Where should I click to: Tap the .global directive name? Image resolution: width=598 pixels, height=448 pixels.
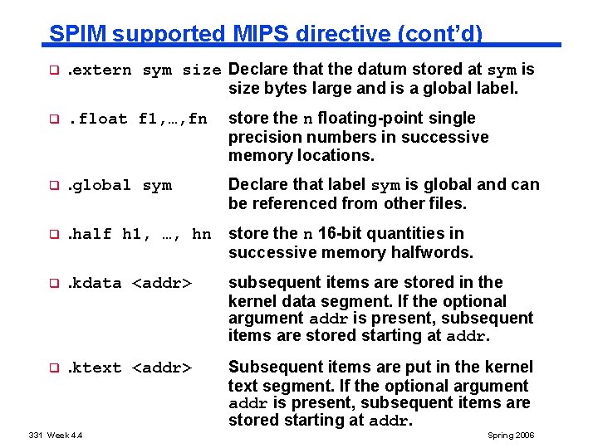tap(99, 185)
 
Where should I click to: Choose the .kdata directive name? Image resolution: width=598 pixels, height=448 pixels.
tap(94, 283)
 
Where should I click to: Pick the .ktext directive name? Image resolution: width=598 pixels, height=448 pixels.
tap(94, 368)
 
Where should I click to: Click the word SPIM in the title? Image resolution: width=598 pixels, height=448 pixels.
tap(77, 34)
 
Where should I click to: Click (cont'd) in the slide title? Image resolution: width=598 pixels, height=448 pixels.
tap(441, 34)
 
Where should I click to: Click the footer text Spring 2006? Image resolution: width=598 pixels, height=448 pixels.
tap(512, 436)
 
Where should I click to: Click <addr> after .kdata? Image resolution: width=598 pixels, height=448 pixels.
tap(162, 283)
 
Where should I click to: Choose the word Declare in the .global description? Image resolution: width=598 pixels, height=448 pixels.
tap(256, 185)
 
